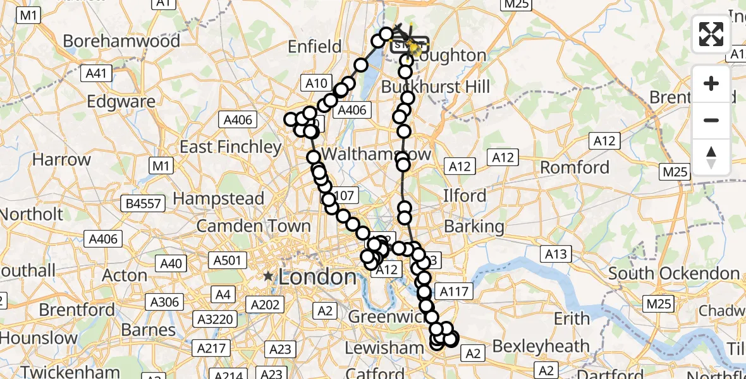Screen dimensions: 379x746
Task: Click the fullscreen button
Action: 711,34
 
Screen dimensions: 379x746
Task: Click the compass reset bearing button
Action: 711,157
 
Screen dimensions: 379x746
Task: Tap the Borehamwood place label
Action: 121,42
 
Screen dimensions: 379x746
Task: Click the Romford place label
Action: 575,167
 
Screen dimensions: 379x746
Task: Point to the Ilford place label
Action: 465,195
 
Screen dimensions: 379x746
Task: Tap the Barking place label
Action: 474,226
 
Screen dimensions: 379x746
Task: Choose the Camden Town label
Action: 254,226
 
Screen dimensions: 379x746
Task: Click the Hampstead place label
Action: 218,198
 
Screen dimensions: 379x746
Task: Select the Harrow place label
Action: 61,159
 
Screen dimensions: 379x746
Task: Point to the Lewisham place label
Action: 384,347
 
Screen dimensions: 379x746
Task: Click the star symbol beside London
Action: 269,276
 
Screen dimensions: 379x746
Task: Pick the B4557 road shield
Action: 144,203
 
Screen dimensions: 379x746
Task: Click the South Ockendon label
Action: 674,274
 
